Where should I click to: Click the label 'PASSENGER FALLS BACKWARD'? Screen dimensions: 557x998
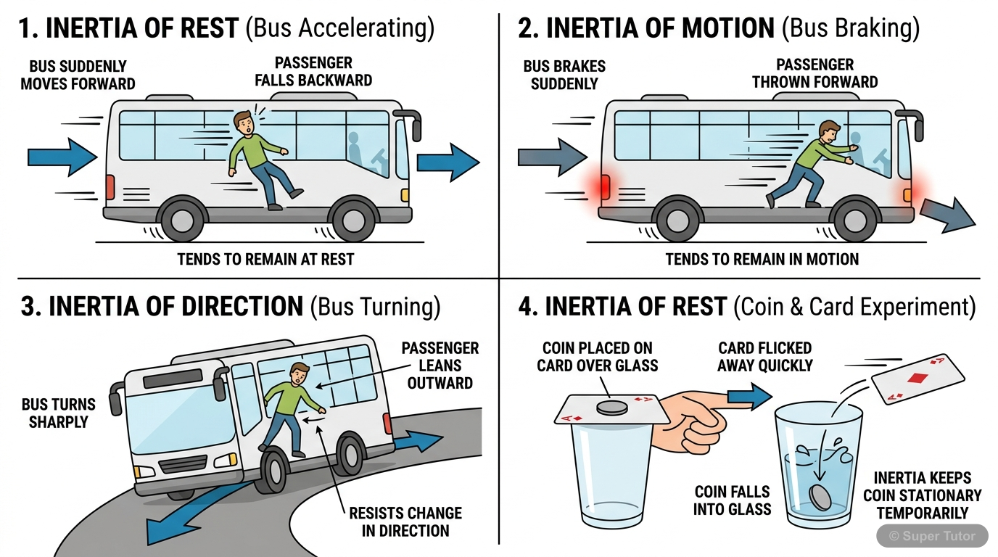[x=313, y=72]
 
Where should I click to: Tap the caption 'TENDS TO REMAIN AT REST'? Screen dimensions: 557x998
[x=265, y=259]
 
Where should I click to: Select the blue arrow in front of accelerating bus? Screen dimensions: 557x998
[x=448, y=162]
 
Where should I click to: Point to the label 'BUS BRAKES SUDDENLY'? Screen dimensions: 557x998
[x=564, y=75]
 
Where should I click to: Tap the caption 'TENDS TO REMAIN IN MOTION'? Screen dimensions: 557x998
[x=762, y=259]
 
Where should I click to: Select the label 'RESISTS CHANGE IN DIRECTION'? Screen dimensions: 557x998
[x=405, y=521]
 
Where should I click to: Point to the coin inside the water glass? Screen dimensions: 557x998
[x=820, y=498]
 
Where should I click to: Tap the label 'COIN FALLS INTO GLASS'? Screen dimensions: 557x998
[x=731, y=500]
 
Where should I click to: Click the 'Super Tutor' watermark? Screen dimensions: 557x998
[x=933, y=537]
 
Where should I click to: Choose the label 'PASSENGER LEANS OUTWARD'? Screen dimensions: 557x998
[x=440, y=366]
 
